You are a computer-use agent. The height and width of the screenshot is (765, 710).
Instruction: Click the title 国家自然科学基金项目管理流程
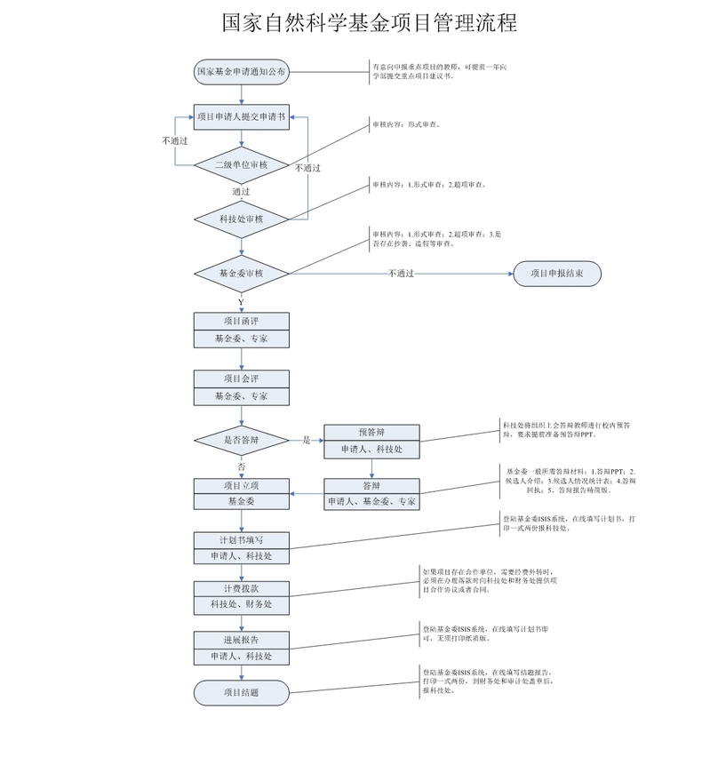(370, 23)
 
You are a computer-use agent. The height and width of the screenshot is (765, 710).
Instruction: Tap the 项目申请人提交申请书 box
(241, 116)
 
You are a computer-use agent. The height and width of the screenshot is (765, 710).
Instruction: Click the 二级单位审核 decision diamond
(241, 164)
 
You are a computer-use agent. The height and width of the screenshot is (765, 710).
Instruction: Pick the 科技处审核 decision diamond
(241, 219)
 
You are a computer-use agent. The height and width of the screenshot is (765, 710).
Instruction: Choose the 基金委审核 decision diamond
(241, 273)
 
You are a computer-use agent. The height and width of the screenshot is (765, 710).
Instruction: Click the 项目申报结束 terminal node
(556, 273)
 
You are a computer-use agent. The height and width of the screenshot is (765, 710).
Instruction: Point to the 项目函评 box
(241, 321)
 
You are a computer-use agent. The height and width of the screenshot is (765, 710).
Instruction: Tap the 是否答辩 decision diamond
(241, 440)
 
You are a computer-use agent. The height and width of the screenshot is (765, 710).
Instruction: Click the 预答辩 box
(371, 433)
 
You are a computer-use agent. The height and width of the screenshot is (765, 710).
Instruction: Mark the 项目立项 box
(241, 485)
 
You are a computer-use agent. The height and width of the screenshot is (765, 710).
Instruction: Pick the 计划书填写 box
(241, 540)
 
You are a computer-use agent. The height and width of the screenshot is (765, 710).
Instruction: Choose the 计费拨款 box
(241, 588)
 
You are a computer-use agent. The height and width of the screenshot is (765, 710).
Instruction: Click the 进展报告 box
(241, 640)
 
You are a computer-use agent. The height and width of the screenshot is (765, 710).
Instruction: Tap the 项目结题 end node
(241, 692)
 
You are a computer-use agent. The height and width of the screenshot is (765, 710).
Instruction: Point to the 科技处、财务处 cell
(241, 604)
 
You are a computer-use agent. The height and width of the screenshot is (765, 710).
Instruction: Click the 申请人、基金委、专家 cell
(371, 502)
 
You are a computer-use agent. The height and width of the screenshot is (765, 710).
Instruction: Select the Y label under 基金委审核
(241, 302)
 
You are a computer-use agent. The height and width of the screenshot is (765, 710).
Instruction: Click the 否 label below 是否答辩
(241, 466)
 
